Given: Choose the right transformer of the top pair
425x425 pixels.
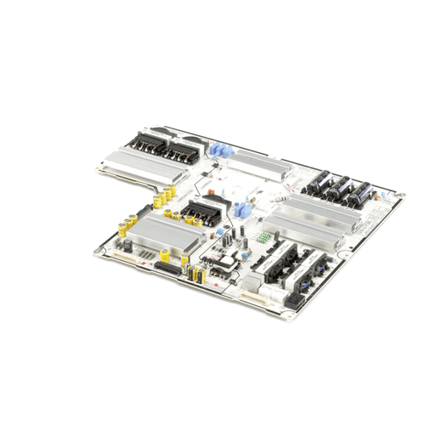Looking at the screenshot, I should pyautogui.click(x=180, y=154).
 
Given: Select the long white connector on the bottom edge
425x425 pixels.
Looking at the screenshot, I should pyautogui.click(x=253, y=297).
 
